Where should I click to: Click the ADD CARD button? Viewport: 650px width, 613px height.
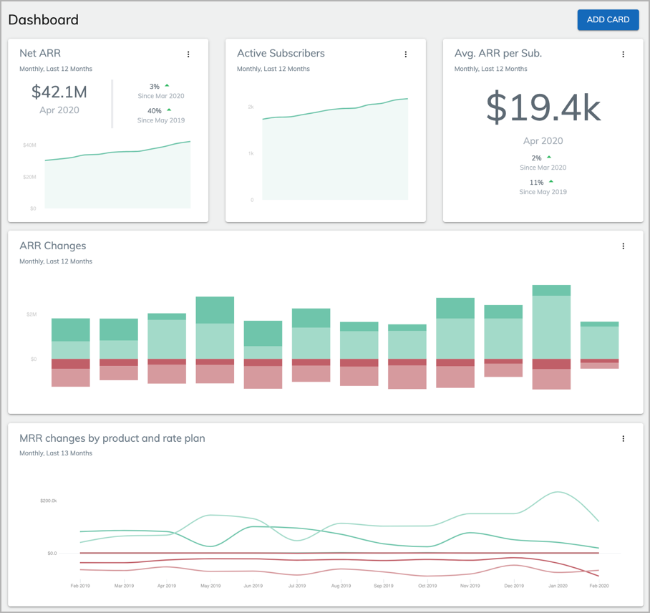point(608,20)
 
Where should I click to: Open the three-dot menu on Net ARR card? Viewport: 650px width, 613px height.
point(188,54)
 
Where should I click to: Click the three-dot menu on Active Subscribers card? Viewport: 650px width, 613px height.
point(406,54)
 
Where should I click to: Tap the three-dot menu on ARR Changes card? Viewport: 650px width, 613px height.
point(623,246)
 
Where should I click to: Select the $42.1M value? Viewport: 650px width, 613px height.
point(59,92)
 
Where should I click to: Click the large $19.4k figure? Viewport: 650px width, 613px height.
point(543,107)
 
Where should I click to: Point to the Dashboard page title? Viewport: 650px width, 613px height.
point(44,20)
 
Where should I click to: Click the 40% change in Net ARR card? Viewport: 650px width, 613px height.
point(155,111)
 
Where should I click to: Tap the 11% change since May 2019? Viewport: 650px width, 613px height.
point(536,183)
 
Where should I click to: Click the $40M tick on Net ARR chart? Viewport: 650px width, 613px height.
point(29,145)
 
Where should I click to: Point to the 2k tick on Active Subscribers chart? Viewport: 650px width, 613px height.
point(251,107)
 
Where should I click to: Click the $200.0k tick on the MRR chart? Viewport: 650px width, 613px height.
point(48,501)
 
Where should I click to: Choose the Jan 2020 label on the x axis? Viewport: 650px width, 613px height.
point(557,586)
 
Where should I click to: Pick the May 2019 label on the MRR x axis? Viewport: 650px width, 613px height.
point(210,586)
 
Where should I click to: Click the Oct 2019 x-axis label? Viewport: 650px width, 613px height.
point(427,586)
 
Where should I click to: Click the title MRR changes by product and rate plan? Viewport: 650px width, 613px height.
point(112,438)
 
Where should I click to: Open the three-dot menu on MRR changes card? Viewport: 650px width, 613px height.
point(623,439)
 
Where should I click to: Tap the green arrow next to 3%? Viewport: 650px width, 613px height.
point(168,86)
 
